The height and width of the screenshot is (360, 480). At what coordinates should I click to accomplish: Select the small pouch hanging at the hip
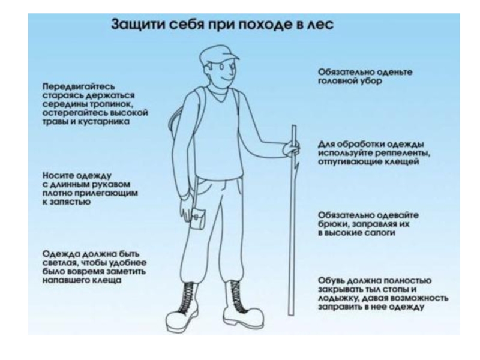[198, 218]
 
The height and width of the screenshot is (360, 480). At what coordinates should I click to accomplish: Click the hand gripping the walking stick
[291, 149]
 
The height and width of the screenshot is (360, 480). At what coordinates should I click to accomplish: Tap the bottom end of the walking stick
[291, 314]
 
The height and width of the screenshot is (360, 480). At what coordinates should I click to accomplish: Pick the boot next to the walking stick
[242, 306]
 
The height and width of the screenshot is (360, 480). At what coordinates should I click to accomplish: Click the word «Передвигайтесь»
[79, 86]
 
